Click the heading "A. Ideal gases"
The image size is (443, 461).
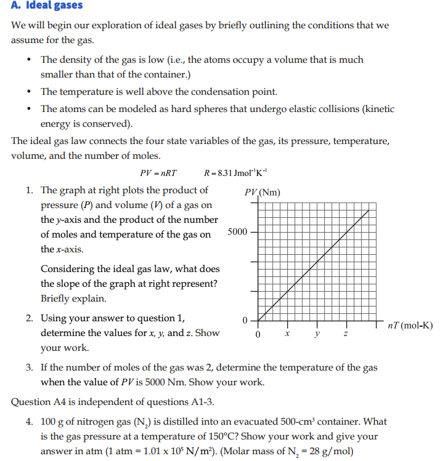[x=47, y=6]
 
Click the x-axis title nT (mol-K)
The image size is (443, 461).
[x=410, y=325]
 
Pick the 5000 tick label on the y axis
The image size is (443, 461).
[x=237, y=232]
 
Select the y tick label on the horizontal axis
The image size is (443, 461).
[x=316, y=334]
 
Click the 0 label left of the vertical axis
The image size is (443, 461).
[x=245, y=321]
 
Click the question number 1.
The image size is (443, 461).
[x=29, y=190]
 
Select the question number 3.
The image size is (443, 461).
[x=29, y=367]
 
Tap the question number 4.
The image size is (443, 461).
[x=29, y=422]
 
